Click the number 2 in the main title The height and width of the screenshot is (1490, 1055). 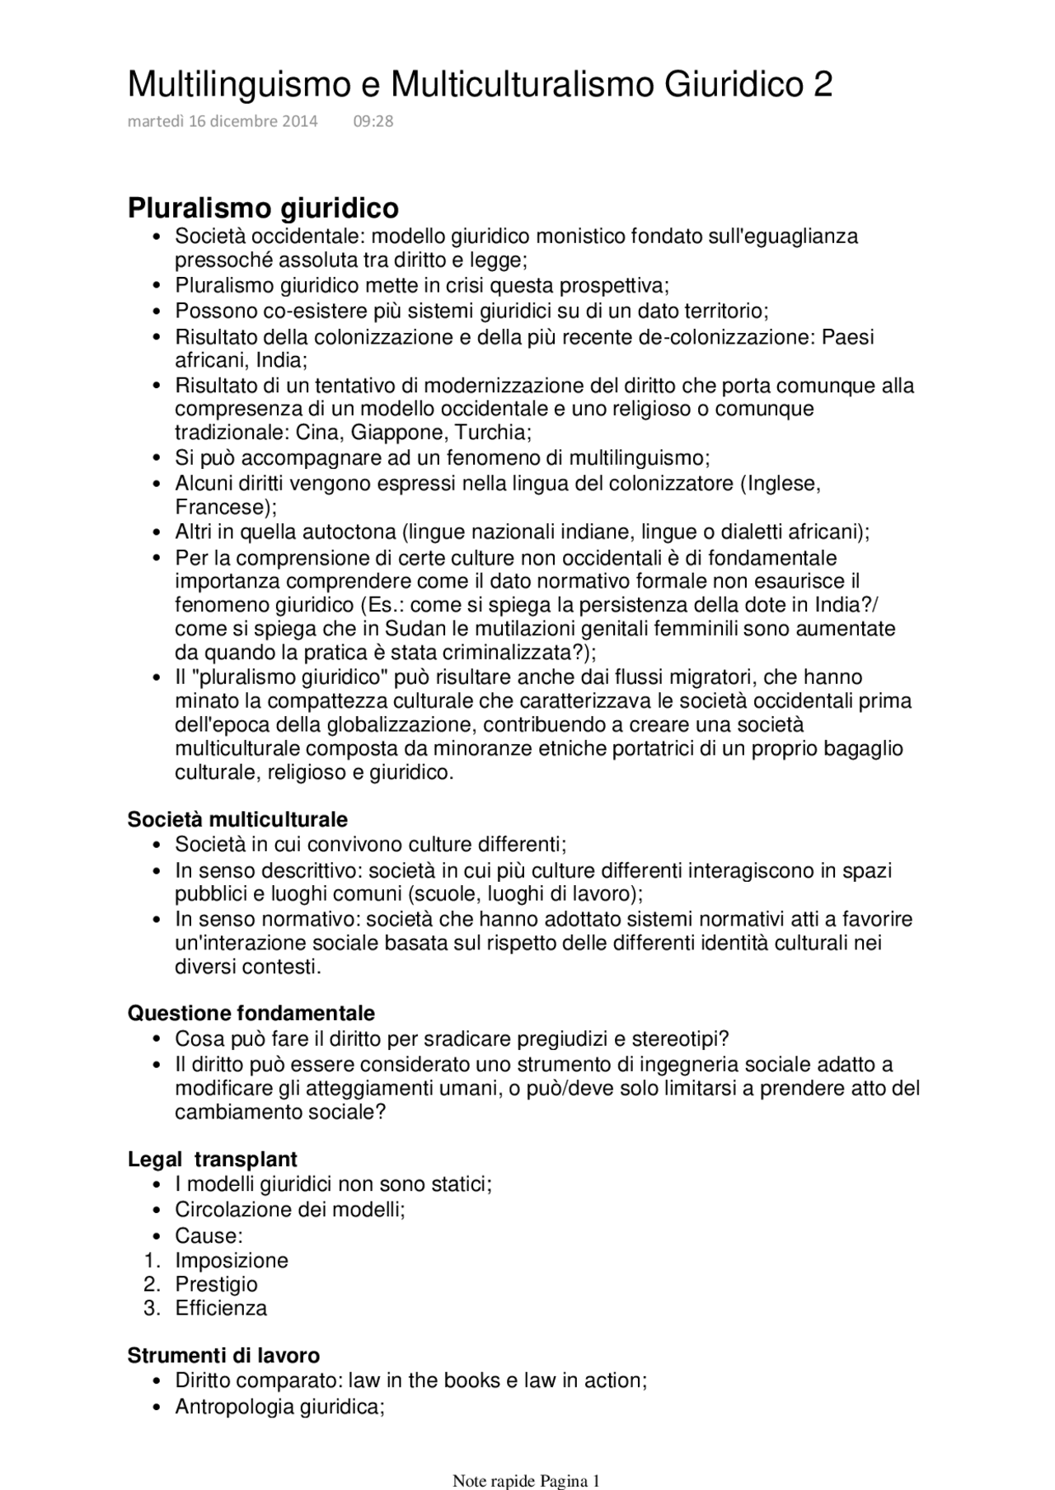(822, 85)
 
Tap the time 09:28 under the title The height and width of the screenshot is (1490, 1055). (373, 122)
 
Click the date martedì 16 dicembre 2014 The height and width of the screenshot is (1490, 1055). (223, 122)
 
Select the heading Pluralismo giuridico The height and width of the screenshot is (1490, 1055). (263, 208)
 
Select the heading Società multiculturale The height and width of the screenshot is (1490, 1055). (237, 820)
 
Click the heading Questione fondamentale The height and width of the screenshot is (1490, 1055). (251, 1014)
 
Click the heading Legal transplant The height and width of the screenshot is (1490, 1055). (212, 1160)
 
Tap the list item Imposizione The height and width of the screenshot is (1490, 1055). (231, 1261)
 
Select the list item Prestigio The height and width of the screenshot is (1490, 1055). (216, 1285)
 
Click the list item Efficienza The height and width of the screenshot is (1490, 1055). (221, 1309)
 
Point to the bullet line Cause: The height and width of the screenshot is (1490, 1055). (209, 1236)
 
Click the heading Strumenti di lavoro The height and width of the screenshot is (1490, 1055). (223, 1356)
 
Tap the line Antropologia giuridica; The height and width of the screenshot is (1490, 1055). (279, 1407)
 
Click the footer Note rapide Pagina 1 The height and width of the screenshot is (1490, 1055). (526, 1481)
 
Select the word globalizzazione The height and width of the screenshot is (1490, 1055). (398, 725)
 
